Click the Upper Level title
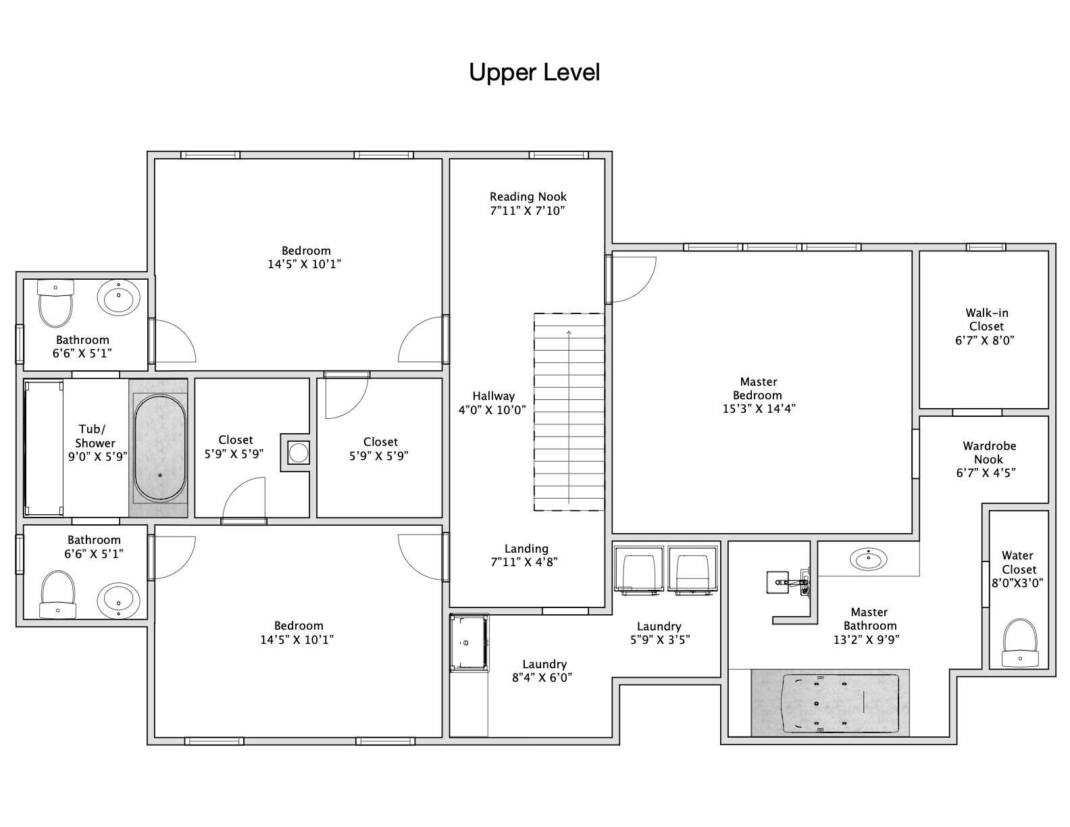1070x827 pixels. (x=534, y=72)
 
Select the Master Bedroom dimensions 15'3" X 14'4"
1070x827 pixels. (x=759, y=408)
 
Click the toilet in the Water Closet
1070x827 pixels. (x=1020, y=643)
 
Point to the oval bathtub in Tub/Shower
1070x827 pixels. (x=160, y=448)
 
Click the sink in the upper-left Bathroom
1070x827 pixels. (x=119, y=297)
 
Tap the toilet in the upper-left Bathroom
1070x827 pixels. (x=55, y=303)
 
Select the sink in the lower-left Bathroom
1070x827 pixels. (x=119, y=601)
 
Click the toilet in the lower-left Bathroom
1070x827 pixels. (x=58, y=595)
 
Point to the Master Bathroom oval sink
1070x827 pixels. (x=868, y=559)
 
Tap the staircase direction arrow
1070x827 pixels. (x=569, y=417)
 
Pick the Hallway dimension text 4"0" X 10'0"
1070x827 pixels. (x=492, y=410)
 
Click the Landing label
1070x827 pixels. (x=526, y=548)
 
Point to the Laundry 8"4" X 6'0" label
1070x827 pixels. (x=543, y=671)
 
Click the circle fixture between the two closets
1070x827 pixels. (x=299, y=452)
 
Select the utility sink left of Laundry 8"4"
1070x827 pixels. (x=469, y=643)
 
